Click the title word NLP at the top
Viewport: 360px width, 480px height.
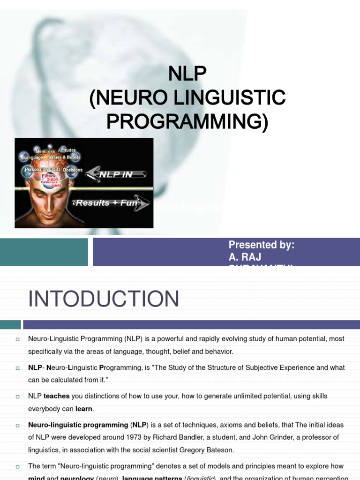(x=187, y=74)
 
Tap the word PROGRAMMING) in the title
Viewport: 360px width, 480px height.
(x=187, y=121)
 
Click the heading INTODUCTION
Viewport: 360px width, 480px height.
(x=104, y=299)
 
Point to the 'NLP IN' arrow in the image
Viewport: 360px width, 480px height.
(x=116, y=174)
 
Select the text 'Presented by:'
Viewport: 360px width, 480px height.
(x=261, y=245)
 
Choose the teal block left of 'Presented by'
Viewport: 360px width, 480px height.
(x=44, y=252)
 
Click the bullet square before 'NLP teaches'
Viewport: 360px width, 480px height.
(x=17, y=397)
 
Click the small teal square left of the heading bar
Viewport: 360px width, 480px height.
(x=10, y=324)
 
